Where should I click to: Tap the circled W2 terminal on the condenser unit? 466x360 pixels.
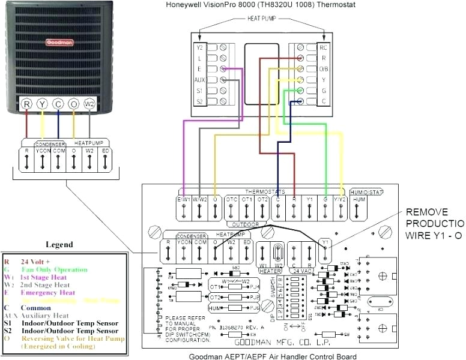(x=89, y=104)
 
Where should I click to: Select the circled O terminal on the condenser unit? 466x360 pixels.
(x=73, y=104)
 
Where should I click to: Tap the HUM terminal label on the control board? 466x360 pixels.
(x=358, y=199)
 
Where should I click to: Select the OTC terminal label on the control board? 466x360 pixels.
(x=232, y=199)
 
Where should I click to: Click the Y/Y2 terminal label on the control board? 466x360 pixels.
(x=340, y=199)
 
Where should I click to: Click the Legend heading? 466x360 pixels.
(x=59, y=245)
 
